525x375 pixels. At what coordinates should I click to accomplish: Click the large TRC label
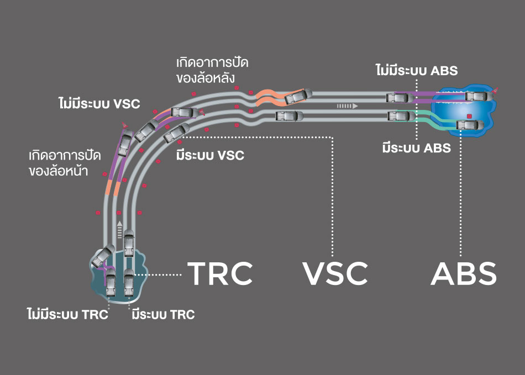point(220,273)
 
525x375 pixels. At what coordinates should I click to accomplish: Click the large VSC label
point(335,273)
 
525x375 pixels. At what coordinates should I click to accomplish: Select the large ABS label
point(463,273)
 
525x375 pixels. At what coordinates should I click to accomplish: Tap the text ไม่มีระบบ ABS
point(416,71)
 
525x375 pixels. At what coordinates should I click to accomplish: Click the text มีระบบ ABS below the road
point(416,148)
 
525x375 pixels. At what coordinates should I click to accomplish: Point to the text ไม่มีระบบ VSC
point(99,103)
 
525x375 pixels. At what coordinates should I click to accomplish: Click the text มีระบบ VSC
point(210,155)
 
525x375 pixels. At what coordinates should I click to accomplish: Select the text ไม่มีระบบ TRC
point(67,315)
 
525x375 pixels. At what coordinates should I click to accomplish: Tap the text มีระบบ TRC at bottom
point(163,315)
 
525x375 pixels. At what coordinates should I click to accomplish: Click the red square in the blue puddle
point(469,116)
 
